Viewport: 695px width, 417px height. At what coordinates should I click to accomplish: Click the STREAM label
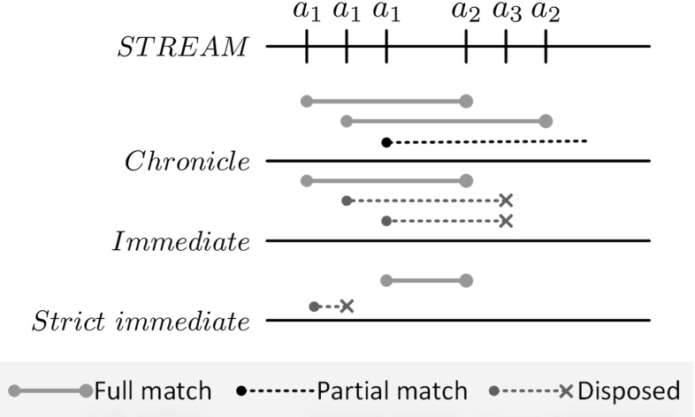184,47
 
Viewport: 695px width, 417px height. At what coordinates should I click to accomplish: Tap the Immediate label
180,241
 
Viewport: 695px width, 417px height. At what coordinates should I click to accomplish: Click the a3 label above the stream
507,12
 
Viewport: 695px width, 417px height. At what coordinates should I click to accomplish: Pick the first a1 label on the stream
306,12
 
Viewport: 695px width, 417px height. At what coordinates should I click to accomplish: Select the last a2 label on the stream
546,12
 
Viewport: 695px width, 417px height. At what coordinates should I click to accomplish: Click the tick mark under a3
506,46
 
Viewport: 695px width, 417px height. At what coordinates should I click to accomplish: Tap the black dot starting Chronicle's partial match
386,141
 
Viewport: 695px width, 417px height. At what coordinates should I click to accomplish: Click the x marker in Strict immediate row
347,307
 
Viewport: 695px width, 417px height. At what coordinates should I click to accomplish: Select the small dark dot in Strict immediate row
315,307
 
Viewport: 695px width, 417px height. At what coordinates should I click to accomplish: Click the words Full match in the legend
152,390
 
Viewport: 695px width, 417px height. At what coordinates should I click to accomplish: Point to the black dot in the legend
242,390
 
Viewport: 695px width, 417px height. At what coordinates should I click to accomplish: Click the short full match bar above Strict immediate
426,281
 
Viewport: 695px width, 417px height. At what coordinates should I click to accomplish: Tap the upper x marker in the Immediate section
506,201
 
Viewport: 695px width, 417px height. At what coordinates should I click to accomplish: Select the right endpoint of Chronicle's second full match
546,121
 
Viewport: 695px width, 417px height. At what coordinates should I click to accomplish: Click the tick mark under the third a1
386,46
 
